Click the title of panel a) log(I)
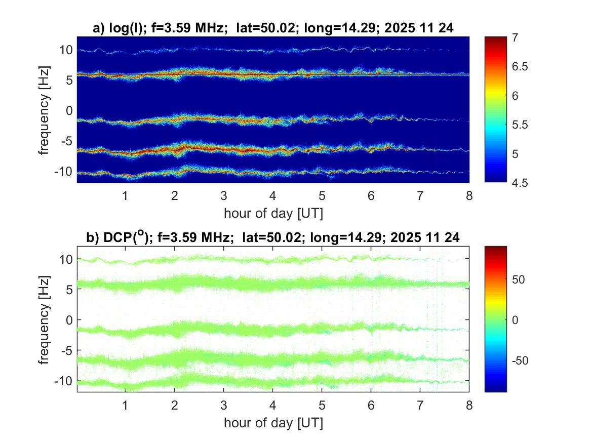(273, 29)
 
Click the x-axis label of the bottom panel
(273, 423)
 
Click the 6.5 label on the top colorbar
(521, 66)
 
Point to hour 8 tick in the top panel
(469, 196)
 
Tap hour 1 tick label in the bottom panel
(125, 406)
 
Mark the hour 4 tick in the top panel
(272, 196)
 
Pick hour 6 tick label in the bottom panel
(371, 406)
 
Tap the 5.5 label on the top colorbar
(521, 125)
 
